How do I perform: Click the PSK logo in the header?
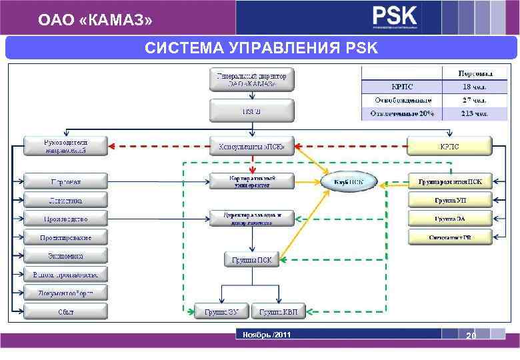pyautogui.click(x=395, y=17)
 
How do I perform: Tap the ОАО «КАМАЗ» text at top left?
pyautogui.click(x=95, y=21)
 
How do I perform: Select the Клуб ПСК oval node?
pyautogui.click(x=349, y=181)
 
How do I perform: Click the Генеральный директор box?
pyautogui.click(x=252, y=79)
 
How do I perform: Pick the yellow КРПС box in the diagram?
pyautogui.click(x=449, y=146)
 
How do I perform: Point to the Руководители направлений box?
pyautogui.click(x=65, y=146)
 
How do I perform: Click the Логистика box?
pyautogui.click(x=65, y=200)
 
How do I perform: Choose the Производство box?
pyautogui.click(x=65, y=218)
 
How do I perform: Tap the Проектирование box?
pyautogui.click(x=65, y=237)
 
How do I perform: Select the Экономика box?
pyautogui.click(x=65, y=255)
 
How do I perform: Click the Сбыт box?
pyautogui.click(x=65, y=311)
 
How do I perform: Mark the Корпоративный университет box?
pyautogui.click(x=252, y=181)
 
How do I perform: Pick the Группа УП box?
pyautogui.click(x=451, y=199)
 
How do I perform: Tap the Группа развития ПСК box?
pyautogui.click(x=451, y=181)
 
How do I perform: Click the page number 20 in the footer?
pyautogui.click(x=471, y=337)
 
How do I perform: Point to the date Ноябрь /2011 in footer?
pyautogui.click(x=266, y=334)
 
